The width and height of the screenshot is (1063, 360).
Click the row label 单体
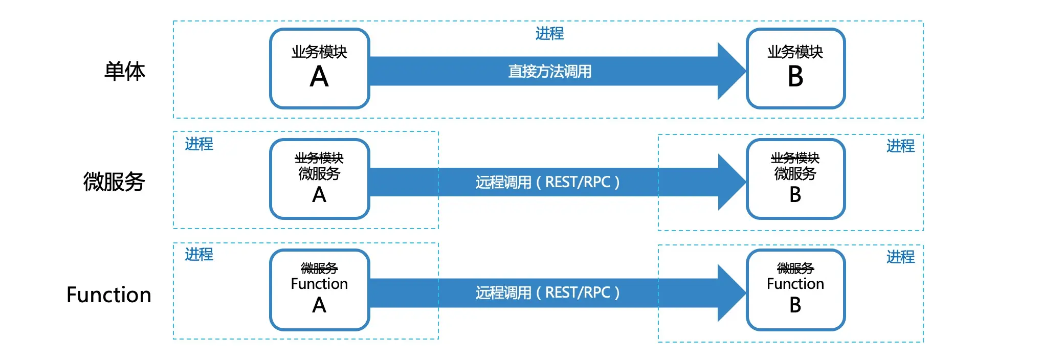point(125,71)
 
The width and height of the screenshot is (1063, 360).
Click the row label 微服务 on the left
point(114,182)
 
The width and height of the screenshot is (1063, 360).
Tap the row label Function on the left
point(109,295)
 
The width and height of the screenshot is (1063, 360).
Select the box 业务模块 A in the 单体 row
point(319,69)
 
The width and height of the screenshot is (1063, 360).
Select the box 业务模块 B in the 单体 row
point(795,69)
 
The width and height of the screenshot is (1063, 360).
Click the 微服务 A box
point(319,179)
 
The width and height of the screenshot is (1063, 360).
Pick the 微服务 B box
point(795,179)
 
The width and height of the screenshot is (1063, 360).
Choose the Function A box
point(319,290)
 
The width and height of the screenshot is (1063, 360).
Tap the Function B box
point(795,290)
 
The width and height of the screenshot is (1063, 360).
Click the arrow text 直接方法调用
point(549,71)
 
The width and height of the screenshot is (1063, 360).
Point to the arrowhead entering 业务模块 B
point(730,71)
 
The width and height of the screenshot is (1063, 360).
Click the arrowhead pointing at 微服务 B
point(730,182)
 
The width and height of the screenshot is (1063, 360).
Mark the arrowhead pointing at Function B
point(730,292)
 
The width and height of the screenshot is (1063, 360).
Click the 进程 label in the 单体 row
point(549,34)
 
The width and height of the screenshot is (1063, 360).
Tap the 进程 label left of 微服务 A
point(199,144)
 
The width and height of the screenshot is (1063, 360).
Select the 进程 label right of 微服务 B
point(900,146)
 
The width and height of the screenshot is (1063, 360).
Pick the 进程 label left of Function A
point(199,255)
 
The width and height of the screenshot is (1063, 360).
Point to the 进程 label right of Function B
point(900,257)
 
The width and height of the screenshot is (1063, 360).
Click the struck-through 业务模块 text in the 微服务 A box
point(319,158)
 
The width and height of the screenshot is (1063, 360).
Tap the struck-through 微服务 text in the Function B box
point(795,268)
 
